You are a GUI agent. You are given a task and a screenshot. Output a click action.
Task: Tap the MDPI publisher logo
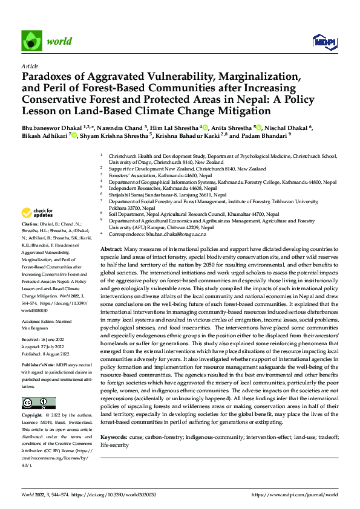(x=324, y=41)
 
